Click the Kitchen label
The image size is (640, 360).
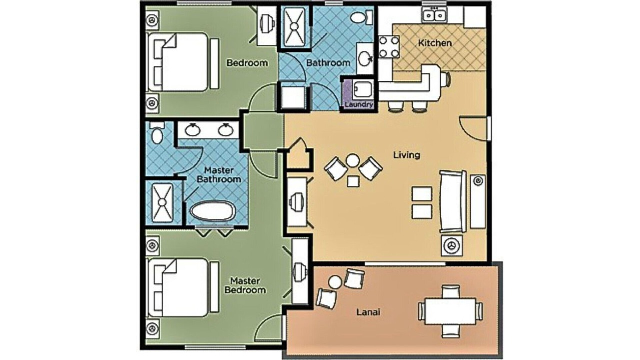(x=435, y=43)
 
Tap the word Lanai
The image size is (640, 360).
(x=368, y=312)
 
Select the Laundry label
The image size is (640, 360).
(x=359, y=104)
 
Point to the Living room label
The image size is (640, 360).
(x=407, y=155)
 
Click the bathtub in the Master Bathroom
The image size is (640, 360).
(x=212, y=211)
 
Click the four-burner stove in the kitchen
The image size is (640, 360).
(x=389, y=47)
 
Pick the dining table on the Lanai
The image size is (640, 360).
(x=450, y=311)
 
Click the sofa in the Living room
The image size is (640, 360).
(x=453, y=201)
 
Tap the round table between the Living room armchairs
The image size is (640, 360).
(x=353, y=160)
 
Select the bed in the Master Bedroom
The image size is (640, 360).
(x=182, y=287)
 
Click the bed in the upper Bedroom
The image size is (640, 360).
(x=182, y=62)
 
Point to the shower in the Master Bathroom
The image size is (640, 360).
(x=162, y=203)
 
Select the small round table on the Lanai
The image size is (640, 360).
(x=335, y=283)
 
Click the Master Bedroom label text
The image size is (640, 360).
(x=245, y=285)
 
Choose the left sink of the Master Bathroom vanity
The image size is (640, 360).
(x=193, y=130)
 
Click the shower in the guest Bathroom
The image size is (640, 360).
(x=294, y=27)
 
